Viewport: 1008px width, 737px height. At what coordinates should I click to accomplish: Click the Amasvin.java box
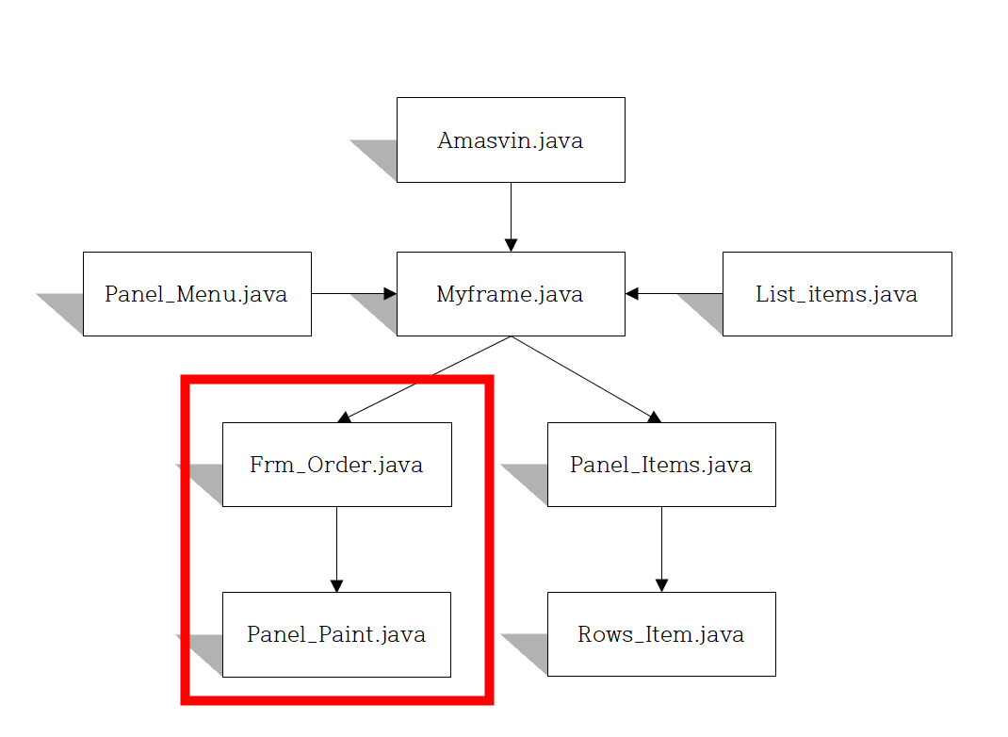tap(511, 139)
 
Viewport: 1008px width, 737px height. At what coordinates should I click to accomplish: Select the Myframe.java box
tap(511, 293)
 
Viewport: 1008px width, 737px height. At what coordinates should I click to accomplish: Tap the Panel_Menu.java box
tap(197, 293)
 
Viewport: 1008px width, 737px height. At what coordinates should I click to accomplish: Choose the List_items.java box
tap(837, 293)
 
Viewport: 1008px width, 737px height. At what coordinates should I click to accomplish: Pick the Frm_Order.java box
tap(336, 465)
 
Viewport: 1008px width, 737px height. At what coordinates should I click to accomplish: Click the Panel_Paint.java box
tap(336, 634)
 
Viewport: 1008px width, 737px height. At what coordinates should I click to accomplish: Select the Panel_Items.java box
tap(661, 465)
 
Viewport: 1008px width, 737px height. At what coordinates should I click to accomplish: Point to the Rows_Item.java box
tap(661, 634)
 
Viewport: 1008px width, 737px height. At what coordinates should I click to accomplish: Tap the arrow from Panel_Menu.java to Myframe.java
tap(352, 293)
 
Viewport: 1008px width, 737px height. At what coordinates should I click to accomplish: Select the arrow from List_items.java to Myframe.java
tap(673, 293)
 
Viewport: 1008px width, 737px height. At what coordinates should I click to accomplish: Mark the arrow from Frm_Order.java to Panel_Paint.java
tap(336, 547)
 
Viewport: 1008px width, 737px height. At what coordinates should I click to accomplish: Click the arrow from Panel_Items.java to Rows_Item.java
tap(661, 547)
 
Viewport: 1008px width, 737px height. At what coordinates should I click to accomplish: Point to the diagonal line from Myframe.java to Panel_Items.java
tap(584, 377)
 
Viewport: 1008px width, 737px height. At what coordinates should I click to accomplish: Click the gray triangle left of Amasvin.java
tap(382, 155)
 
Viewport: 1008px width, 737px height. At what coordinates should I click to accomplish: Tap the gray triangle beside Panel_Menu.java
tap(67, 308)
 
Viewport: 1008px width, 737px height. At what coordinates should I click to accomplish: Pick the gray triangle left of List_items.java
tap(707, 308)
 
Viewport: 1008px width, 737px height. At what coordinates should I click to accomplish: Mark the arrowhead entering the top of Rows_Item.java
tap(661, 585)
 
